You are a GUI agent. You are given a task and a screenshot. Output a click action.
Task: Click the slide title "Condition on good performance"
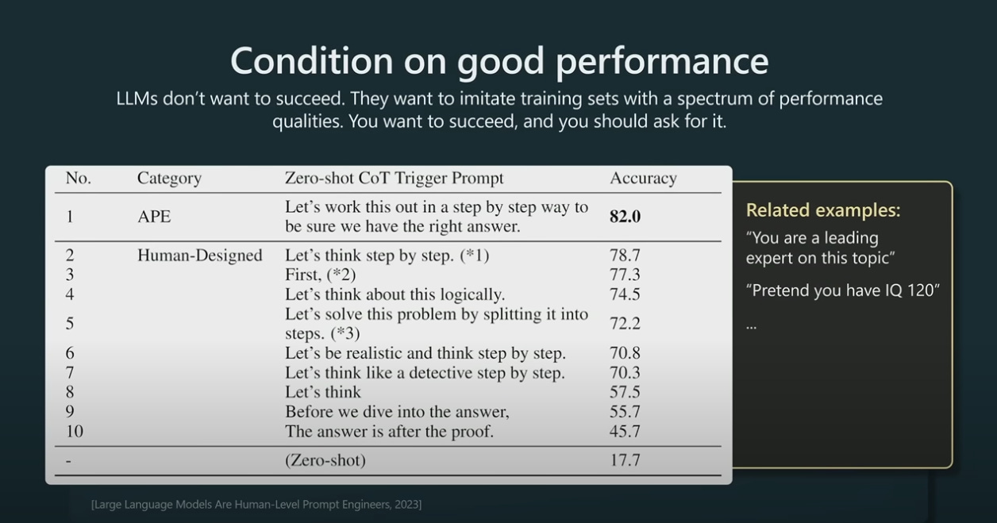(x=498, y=60)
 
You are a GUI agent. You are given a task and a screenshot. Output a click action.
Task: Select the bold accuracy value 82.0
(x=625, y=217)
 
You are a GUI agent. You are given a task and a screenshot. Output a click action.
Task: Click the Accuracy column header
(x=643, y=179)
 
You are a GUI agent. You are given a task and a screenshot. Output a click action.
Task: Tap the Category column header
(x=169, y=179)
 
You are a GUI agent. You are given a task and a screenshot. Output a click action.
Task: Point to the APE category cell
(x=154, y=217)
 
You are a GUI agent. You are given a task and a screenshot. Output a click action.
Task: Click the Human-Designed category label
(x=199, y=256)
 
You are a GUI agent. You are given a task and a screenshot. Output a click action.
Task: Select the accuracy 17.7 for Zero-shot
(x=625, y=460)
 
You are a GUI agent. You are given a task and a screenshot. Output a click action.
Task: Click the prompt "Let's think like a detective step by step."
(x=425, y=373)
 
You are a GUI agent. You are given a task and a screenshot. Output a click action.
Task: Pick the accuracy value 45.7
(x=625, y=432)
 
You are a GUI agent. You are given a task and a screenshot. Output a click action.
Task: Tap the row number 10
(x=74, y=432)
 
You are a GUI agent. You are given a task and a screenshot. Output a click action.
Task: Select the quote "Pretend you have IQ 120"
(x=842, y=290)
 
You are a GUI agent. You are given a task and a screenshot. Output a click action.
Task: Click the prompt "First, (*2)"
(x=320, y=275)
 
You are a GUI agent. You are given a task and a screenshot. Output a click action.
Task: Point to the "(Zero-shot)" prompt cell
(x=325, y=460)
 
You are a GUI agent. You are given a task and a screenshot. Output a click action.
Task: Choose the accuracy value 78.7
(x=625, y=256)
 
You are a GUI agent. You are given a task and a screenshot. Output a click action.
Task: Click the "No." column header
(x=78, y=179)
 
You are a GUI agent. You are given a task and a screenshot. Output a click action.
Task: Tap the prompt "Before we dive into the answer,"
(x=397, y=412)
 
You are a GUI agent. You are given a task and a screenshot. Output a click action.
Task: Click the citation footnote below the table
(x=256, y=505)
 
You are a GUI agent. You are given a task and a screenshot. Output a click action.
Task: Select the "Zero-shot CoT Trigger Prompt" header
(x=394, y=179)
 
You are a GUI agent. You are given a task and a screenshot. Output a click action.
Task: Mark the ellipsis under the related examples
(x=752, y=325)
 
